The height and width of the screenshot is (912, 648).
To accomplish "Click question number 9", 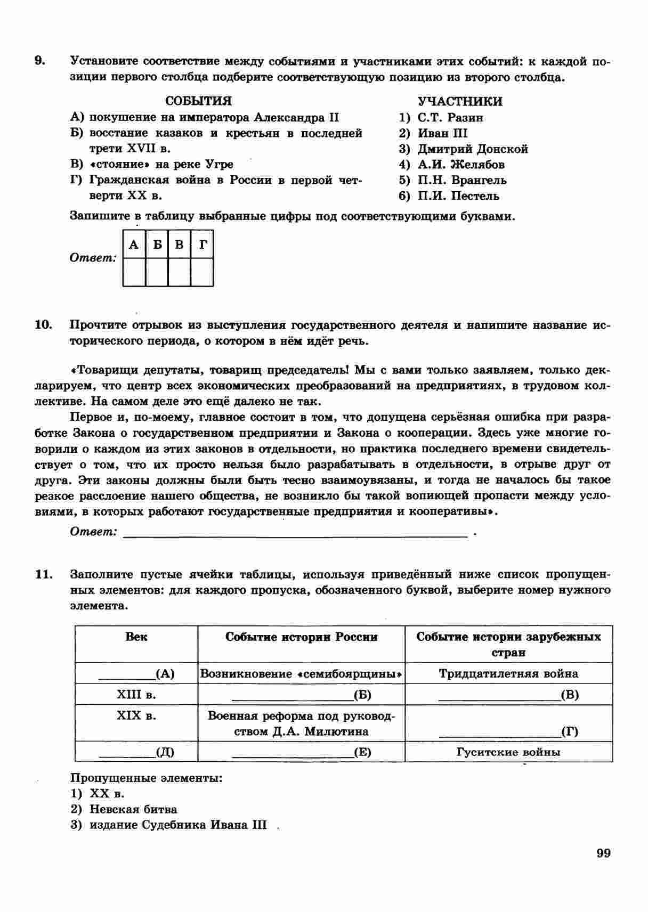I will click(x=40, y=61).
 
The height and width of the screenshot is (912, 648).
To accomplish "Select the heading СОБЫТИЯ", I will click(x=198, y=101).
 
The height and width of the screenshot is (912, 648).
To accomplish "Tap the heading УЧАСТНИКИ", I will click(x=459, y=101).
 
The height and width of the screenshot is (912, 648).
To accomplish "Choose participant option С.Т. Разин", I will click(x=450, y=117).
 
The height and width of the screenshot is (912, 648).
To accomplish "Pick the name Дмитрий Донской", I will click(x=473, y=149).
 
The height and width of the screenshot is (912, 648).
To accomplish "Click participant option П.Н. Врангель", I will click(x=462, y=180).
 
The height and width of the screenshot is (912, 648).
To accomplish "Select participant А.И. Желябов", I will click(x=461, y=165).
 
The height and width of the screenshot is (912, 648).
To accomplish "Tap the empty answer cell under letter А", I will click(x=134, y=272).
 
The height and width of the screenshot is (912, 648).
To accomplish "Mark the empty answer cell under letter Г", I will click(x=202, y=272).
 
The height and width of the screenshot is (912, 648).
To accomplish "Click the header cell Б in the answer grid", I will click(x=157, y=245).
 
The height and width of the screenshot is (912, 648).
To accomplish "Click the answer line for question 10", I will click(x=296, y=533).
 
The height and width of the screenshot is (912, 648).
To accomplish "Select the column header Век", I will click(x=136, y=637).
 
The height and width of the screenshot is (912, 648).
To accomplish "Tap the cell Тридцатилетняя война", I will click(x=508, y=673).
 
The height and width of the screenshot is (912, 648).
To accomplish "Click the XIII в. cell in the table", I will click(x=136, y=695).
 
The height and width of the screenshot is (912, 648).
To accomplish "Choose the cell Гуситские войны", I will click(x=508, y=752).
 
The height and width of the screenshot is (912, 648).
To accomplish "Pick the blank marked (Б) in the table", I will click(x=301, y=695).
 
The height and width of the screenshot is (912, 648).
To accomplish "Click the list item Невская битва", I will click(x=133, y=809).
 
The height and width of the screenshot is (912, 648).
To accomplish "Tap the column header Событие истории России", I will click(x=301, y=637).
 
